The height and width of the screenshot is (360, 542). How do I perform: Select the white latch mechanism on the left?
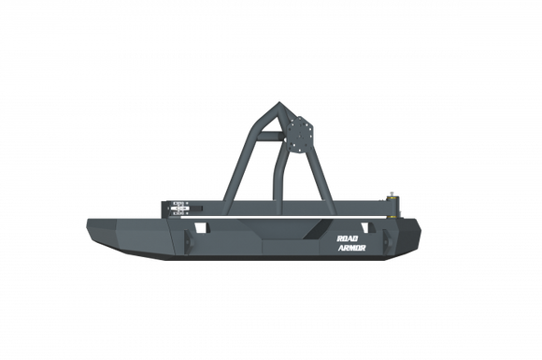(180, 206)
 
